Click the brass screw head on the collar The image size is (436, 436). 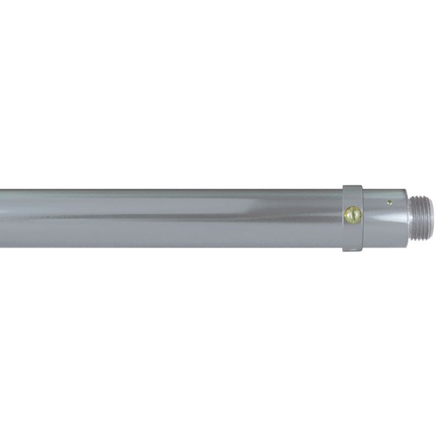(x=353, y=215)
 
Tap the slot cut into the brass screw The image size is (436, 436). (x=353, y=215)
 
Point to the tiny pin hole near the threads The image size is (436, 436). (x=389, y=202)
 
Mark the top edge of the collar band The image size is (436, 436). (x=353, y=186)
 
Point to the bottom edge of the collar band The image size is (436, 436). (x=353, y=250)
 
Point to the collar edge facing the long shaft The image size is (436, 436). (x=343, y=218)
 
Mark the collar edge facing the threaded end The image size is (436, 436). (x=363, y=218)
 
